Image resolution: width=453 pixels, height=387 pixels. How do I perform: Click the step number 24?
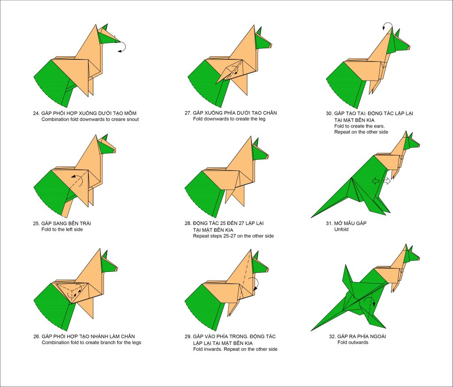coord(36,113)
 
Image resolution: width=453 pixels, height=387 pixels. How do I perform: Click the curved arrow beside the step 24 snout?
coord(123,47)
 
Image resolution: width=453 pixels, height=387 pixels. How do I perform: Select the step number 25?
coord(36,223)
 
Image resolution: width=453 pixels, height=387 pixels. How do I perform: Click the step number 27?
coord(188,113)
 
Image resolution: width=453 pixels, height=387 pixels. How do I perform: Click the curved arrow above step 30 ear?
coord(387,25)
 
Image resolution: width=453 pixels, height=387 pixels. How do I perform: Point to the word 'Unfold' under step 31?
coord(342,229)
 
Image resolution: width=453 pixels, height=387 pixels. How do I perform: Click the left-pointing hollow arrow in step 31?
coord(376,182)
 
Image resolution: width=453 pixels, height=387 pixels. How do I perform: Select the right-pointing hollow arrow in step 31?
coord(387,182)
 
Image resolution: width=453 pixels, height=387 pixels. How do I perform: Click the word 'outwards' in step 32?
coord(358,342)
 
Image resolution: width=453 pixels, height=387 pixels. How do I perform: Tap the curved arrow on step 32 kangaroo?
coord(370,300)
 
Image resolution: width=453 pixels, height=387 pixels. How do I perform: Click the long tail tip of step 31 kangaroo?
coord(311,217)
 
